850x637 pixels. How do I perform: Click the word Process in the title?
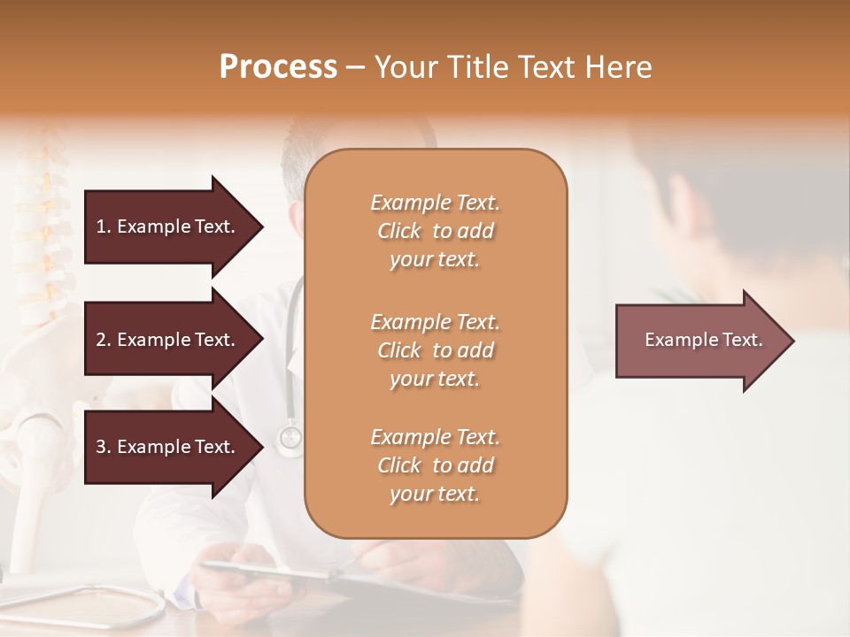pos(278,66)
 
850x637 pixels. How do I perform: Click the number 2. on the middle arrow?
pos(104,340)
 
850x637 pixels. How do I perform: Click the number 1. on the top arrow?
pos(104,226)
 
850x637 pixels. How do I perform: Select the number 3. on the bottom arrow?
pos(104,448)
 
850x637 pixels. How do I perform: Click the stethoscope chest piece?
pos(290,437)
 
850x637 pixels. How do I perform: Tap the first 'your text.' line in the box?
pos(435,260)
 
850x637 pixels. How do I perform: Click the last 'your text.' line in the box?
pos(435,495)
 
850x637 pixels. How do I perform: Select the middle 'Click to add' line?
pos(435,350)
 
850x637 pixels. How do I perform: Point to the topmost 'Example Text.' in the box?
pos(435,203)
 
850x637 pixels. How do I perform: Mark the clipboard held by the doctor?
pos(266,571)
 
